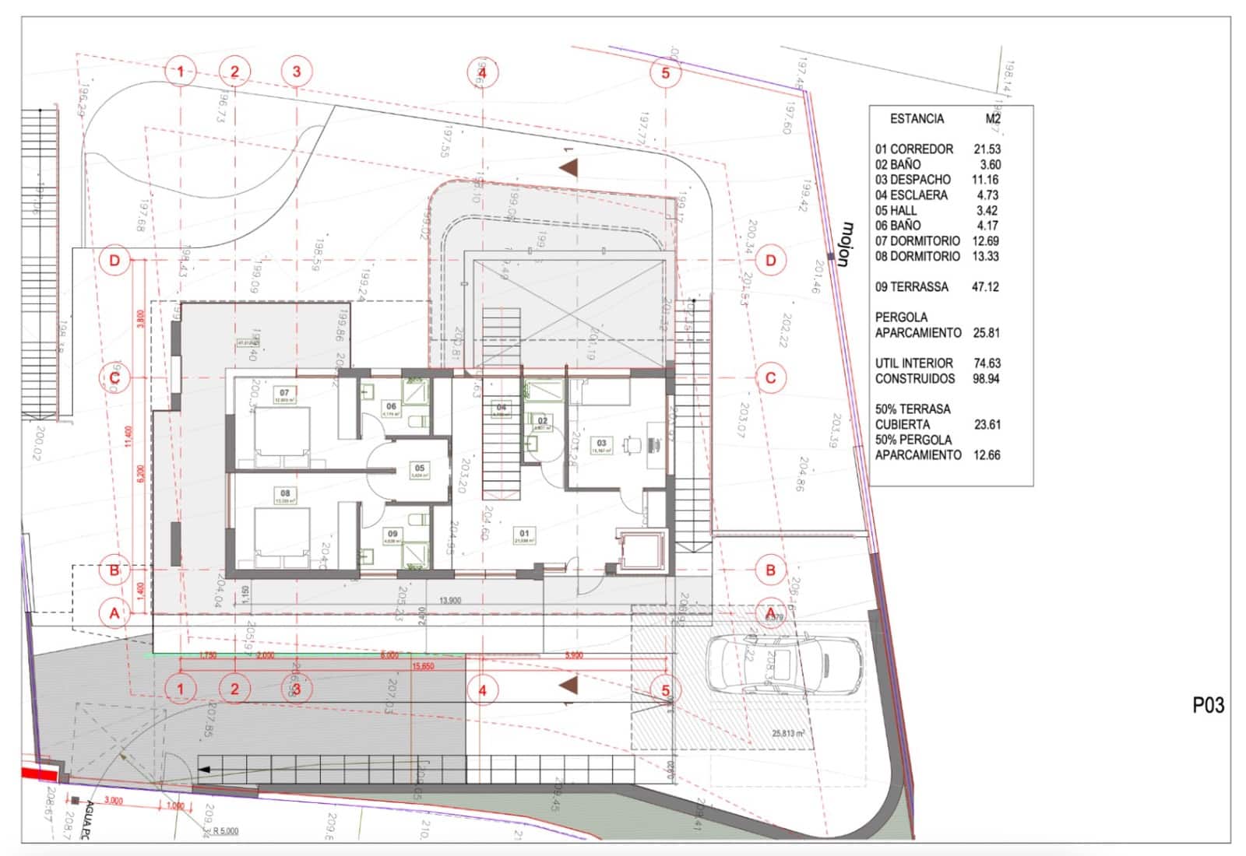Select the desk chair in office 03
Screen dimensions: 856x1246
pos(632,444)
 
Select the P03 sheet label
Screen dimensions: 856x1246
pos(1208,705)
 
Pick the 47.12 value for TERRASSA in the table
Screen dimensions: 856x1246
pos(985,287)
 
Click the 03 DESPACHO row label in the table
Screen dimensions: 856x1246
pos(912,180)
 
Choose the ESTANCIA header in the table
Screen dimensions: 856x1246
pos(917,119)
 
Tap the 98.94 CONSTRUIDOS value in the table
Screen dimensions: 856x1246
pos(986,379)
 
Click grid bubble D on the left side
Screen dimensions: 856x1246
pos(114,260)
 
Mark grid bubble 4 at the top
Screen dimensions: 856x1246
pos(482,72)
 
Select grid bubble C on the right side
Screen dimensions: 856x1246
pos(770,378)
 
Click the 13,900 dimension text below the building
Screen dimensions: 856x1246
pos(450,600)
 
